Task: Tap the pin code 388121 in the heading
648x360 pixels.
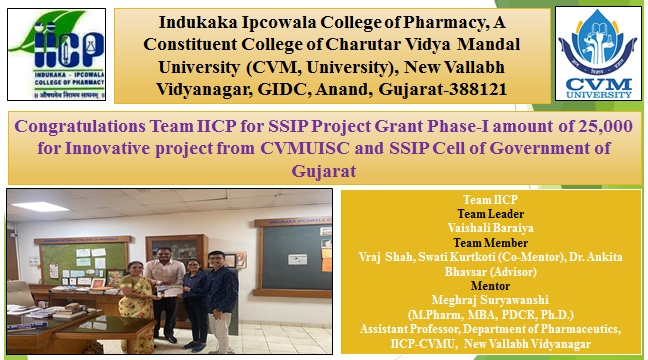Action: coord(473,90)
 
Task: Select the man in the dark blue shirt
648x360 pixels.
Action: coord(223,290)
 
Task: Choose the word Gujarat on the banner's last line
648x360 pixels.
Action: coord(324,171)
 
